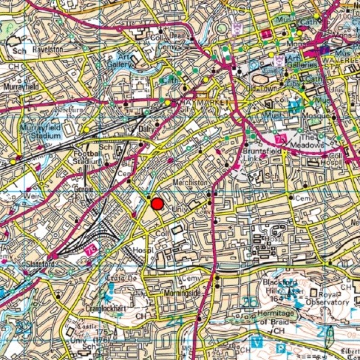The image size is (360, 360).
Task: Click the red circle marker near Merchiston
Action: click(x=157, y=204)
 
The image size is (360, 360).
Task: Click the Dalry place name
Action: click(x=146, y=128)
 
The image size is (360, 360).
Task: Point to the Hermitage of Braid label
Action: click(x=276, y=317)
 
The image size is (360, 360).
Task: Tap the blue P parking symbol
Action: click(x=281, y=349)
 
